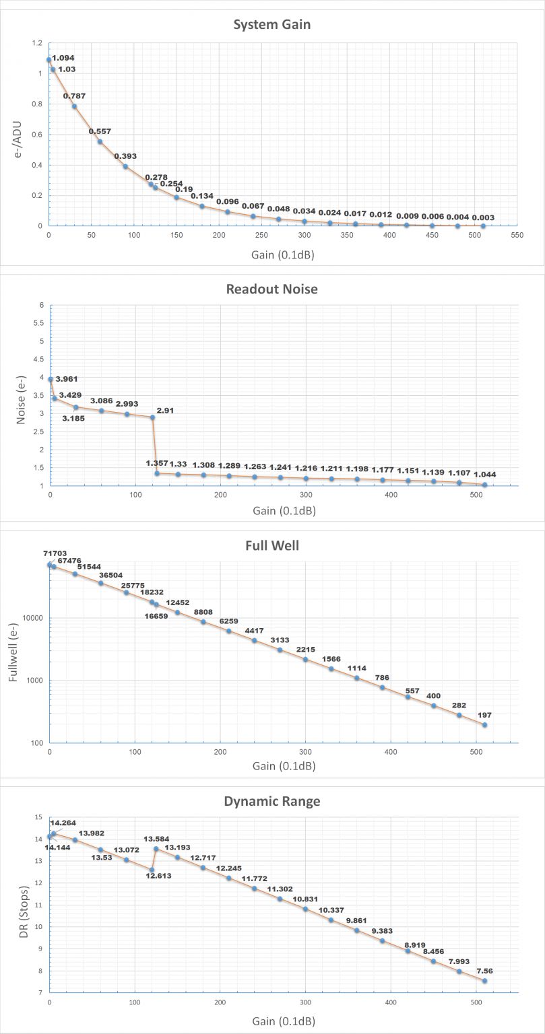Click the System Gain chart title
point(271,25)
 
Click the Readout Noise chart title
point(271,289)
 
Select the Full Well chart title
point(272,545)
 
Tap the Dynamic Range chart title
point(272,801)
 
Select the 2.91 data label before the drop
point(164,410)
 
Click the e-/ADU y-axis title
point(18,135)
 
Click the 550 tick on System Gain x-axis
point(517,236)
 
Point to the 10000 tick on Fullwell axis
point(33,618)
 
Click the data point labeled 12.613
point(152,870)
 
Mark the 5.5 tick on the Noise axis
point(38,323)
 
